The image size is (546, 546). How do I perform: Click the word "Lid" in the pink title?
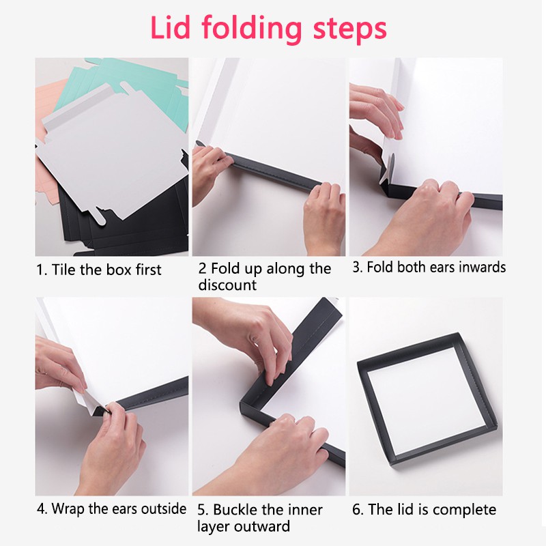(x=170, y=28)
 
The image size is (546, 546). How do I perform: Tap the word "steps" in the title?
(x=350, y=29)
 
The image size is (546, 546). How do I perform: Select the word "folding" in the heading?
(x=252, y=30)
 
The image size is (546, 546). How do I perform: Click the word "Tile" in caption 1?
(x=63, y=270)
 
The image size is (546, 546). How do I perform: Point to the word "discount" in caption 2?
(x=227, y=285)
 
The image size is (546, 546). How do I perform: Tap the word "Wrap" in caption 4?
(x=68, y=509)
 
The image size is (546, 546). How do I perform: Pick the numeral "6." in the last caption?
(x=358, y=510)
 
